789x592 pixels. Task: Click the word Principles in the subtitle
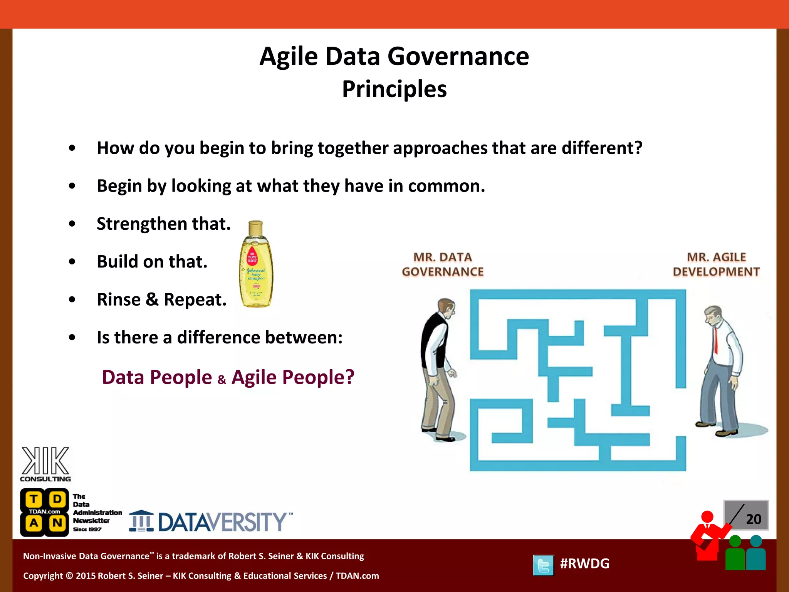point(394,89)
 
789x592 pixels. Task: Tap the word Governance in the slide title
point(458,56)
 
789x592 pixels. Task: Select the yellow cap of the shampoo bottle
point(255,228)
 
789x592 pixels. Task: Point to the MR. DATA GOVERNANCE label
point(443,264)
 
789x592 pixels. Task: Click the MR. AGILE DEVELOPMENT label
point(716,264)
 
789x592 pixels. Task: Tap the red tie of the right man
point(716,339)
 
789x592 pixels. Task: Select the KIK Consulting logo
point(45,464)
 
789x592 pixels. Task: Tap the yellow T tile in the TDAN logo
point(34,499)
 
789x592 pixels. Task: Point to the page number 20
point(753,519)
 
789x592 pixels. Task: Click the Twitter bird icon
point(543,565)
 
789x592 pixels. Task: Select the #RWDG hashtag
point(584,563)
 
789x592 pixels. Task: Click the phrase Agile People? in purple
point(293,377)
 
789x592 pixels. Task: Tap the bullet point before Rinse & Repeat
point(72,299)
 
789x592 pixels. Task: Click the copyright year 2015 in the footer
point(86,576)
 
